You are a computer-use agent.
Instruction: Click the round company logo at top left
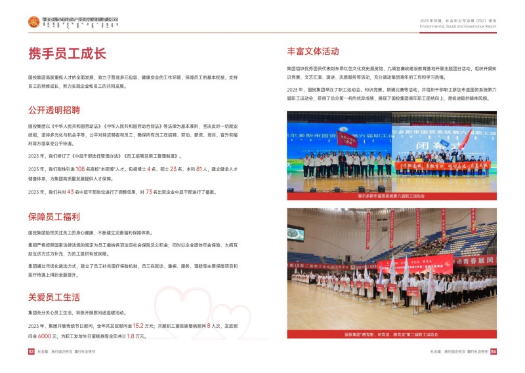coord(33,22)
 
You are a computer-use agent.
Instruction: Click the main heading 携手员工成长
coord(67,54)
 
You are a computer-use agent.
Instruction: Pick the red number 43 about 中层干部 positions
coord(72,191)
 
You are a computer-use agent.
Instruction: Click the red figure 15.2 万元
coord(138,325)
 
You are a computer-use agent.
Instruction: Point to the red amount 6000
coord(45,336)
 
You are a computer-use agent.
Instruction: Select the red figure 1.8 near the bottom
coord(131,336)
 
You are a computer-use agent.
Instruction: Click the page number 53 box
coord(31,352)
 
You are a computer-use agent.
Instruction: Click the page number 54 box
coord(493,352)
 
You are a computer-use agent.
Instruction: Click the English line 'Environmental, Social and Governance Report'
coord(459,28)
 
